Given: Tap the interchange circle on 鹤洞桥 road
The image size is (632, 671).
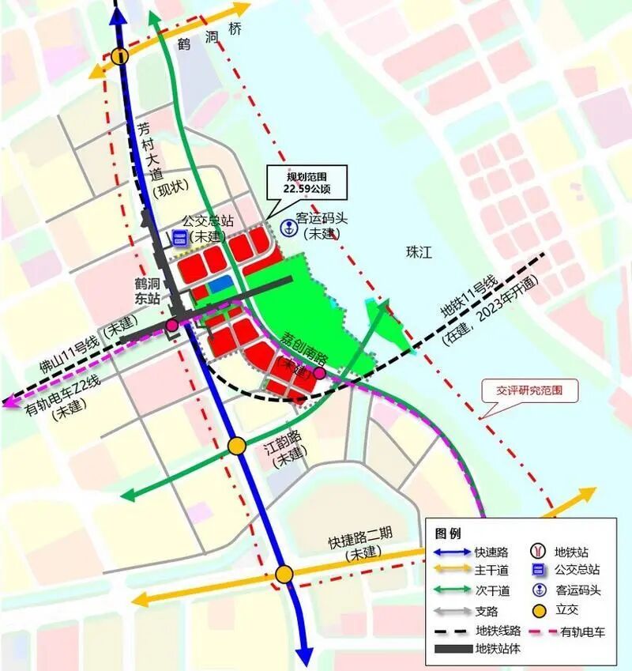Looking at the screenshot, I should coord(119,56).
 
